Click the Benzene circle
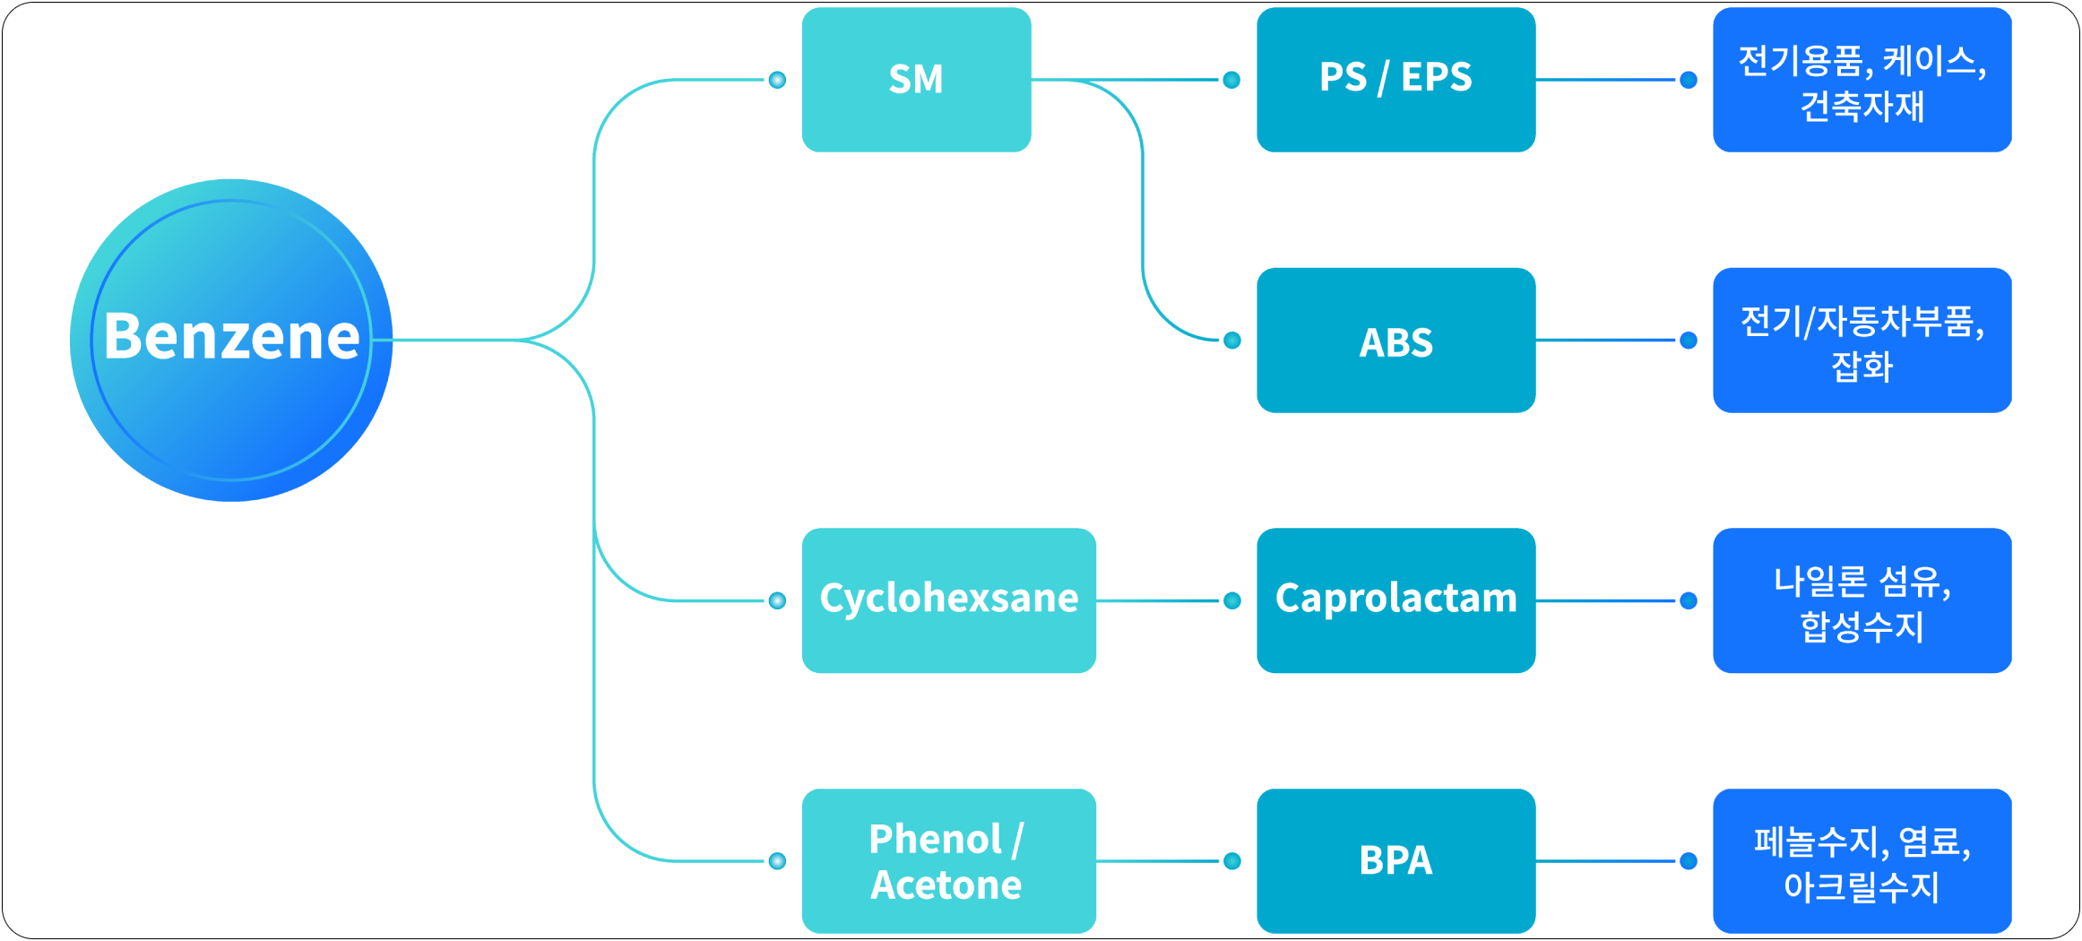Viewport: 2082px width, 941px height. (x=231, y=340)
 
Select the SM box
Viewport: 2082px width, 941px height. (x=916, y=80)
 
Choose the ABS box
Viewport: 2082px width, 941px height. (x=1395, y=341)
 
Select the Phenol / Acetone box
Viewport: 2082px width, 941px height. (x=948, y=861)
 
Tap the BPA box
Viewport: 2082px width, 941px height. (x=1395, y=861)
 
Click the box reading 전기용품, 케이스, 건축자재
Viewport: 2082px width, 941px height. (x=1862, y=80)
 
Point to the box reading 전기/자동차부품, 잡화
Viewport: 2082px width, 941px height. (x=1862, y=341)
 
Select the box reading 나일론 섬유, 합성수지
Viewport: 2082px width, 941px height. (x=1862, y=600)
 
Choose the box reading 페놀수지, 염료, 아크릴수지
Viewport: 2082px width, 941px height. (x=1862, y=861)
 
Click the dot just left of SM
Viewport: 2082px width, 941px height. (x=777, y=80)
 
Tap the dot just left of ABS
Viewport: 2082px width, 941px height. (x=1232, y=341)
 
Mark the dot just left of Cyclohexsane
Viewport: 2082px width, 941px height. (x=777, y=600)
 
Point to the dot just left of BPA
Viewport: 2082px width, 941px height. (x=1232, y=861)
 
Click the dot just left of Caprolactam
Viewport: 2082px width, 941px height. (x=1232, y=600)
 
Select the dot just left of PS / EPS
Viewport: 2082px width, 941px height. (x=1232, y=80)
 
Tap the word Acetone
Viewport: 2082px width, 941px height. (x=946, y=885)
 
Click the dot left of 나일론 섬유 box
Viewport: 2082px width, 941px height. (x=1689, y=600)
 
